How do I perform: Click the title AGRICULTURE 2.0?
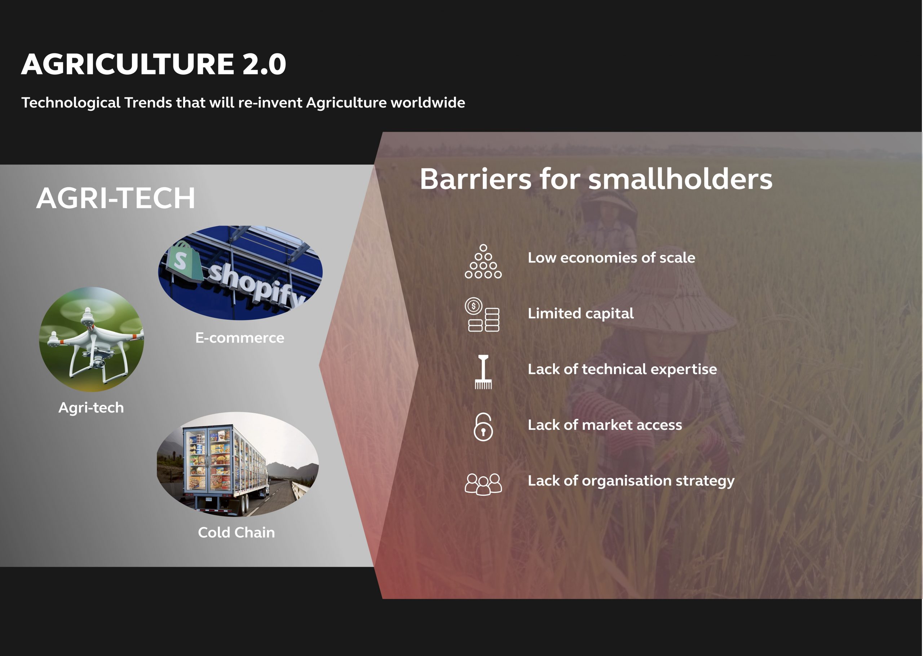pyautogui.click(x=154, y=64)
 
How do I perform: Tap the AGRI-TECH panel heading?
pyautogui.click(x=116, y=198)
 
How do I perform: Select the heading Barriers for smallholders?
pyautogui.click(x=596, y=179)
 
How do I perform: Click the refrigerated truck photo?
pyautogui.click(x=238, y=464)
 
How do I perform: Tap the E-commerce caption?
pyautogui.click(x=240, y=338)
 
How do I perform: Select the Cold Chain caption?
pyautogui.click(x=237, y=532)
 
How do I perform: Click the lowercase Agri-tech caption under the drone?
pyautogui.click(x=91, y=408)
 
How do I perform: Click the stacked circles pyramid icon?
pyautogui.click(x=483, y=261)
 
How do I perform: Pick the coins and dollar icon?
pyautogui.click(x=483, y=314)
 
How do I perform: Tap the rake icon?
pyautogui.click(x=483, y=372)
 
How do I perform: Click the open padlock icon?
pyautogui.click(x=483, y=427)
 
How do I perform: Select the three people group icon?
pyautogui.click(x=483, y=484)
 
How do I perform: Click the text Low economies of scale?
pyautogui.click(x=611, y=258)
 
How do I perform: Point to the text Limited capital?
pyautogui.click(x=581, y=314)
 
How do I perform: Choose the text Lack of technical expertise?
pyautogui.click(x=622, y=369)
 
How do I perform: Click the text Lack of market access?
pyautogui.click(x=605, y=425)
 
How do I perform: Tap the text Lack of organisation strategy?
pyautogui.click(x=631, y=481)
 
